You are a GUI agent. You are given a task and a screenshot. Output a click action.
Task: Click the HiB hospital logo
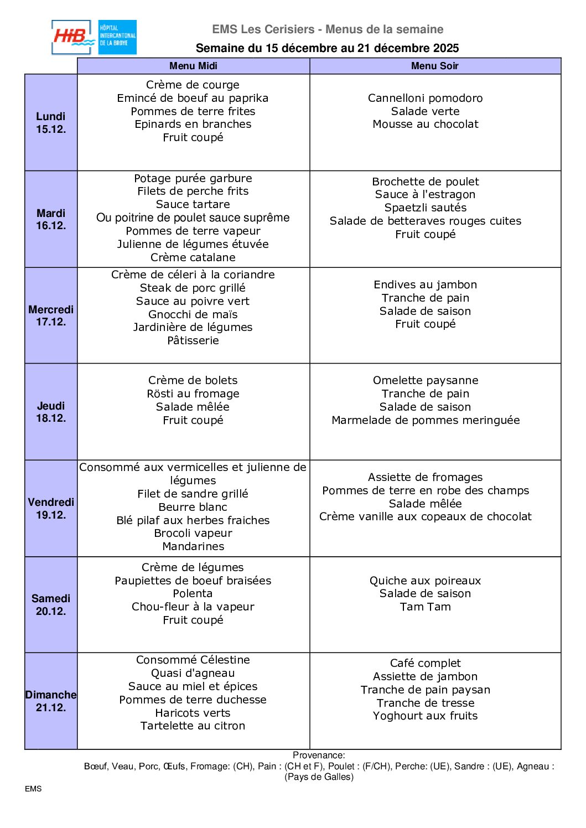coord(94,37)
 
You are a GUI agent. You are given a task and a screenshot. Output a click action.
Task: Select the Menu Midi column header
coord(193,66)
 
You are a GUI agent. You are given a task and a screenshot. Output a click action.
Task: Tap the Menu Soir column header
coord(434,66)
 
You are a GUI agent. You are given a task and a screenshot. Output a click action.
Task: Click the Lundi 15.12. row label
coord(51,122)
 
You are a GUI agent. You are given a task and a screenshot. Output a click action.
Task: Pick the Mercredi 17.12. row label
coord(51,315)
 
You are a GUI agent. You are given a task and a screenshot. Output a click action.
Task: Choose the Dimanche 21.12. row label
coord(51,701)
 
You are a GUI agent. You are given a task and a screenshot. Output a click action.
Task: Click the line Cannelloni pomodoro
coord(425,98)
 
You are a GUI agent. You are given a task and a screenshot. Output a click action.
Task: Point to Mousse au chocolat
coord(425,124)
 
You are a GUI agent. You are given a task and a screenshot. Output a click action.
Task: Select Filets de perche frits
coord(193,191)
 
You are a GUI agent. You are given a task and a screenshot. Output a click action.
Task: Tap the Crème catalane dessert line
coord(193,257)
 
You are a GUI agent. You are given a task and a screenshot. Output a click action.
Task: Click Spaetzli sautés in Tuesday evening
coord(425,208)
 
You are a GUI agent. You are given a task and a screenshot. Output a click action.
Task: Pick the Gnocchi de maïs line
coord(193,314)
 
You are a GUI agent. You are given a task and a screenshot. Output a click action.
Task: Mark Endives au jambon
coord(425,284)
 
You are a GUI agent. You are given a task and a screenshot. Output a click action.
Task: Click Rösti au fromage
coord(193,394)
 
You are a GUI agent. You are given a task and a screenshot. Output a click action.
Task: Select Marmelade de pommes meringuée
coord(425,420)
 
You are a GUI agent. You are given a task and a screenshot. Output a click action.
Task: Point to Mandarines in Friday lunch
coord(193,546)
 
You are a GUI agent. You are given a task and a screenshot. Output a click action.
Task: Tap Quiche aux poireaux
coord(425,581)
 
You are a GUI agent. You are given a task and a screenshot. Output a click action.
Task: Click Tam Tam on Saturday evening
coord(425,607)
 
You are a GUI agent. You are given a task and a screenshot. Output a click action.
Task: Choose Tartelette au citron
coord(193,726)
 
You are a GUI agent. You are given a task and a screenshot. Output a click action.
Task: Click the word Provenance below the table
coord(318,755)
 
